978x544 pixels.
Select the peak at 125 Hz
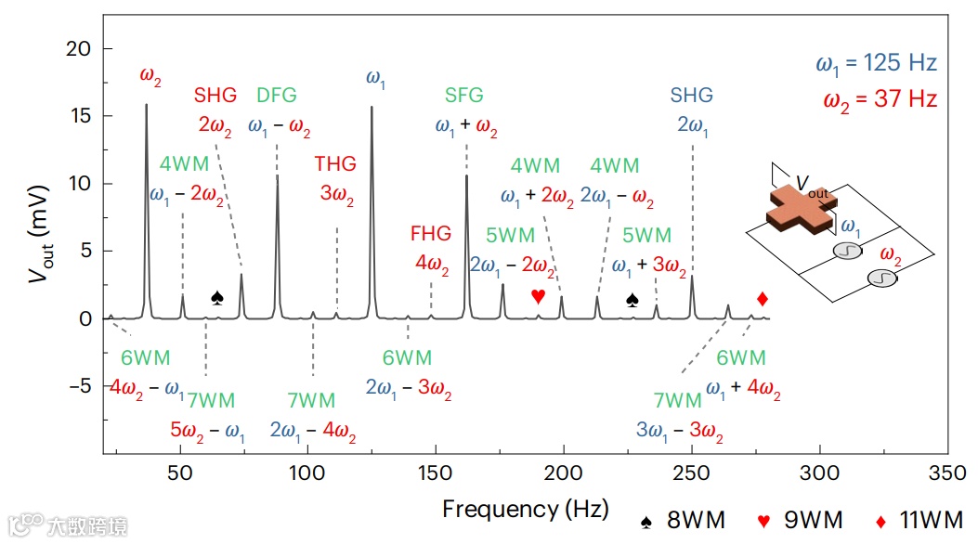pyautogui.click(x=372, y=108)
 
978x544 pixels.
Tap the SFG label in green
pyautogui.click(x=463, y=96)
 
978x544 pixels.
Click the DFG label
pyautogui.click(x=277, y=95)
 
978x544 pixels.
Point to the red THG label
pyautogui.click(x=335, y=164)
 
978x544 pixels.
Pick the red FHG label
pyautogui.click(x=431, y=232)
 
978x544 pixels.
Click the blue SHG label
pyautogui.click(x=692, y=96)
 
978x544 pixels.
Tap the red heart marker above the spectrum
pyautogui.click(x=538, y=296)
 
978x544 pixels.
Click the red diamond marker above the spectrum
pyautogui.click(x=763, y=299)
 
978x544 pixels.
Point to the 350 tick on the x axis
pyautogui.click(x=948, y=473)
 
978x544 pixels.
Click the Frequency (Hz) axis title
pyautogui.click(x=526, y=509)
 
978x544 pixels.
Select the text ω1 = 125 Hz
pyautogui.click(x=876, y=64)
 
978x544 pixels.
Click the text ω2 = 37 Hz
pyautogui.click(x=880, y=99)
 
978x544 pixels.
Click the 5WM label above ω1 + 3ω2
pyautogui.click(x=646, y=236)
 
